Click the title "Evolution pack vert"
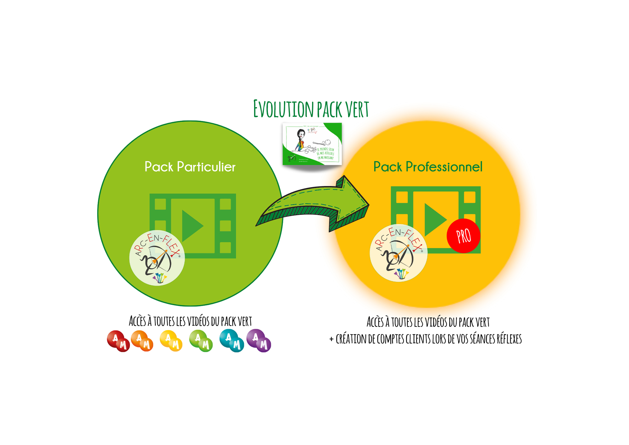point(311,109)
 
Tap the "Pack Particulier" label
point(190,167)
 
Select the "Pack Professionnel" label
point(428,167)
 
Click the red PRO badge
point(463,236)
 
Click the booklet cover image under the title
point(312,144)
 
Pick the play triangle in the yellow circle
point(434,219)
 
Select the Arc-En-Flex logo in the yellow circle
point(398,253)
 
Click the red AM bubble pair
point(119,341)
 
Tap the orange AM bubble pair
point(142,341)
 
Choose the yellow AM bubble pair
point(171,341)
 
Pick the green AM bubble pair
point(201,341)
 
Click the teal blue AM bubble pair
point(232,341)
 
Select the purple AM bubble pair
point(259,341)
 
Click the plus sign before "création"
point(331,339)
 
